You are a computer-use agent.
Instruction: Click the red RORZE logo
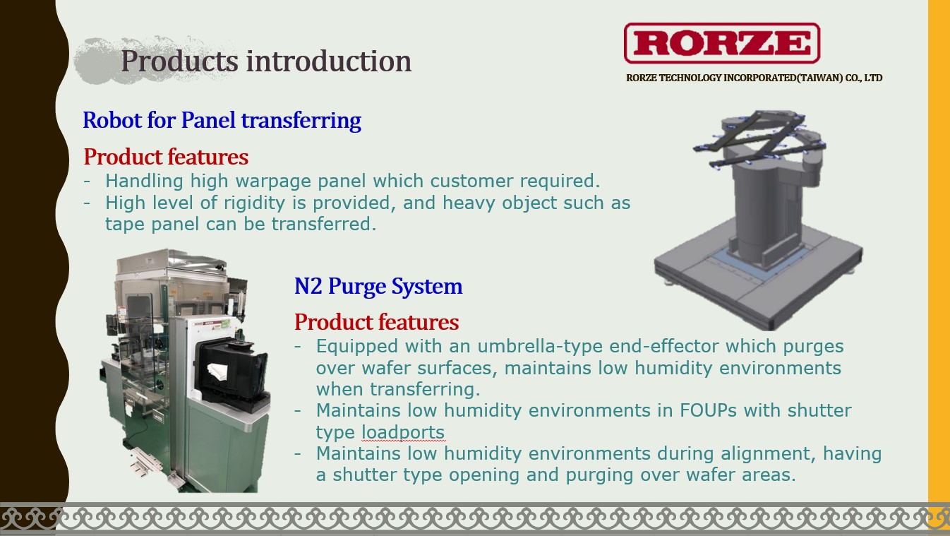[722, 43]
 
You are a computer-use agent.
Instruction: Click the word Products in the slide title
[179, 61]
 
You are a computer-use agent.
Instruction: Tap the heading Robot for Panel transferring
[222, 120]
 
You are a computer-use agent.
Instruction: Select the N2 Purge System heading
[378, 286]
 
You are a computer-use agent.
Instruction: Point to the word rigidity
[254, 203]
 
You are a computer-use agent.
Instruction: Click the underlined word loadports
[403, 432]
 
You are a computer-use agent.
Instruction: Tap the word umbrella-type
[540, 347]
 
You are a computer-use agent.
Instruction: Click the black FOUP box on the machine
[232, 371]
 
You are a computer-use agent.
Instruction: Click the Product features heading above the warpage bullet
[166, 157]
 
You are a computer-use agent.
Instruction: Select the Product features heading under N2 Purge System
[377, 322]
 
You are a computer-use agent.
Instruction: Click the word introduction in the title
[329, 61]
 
